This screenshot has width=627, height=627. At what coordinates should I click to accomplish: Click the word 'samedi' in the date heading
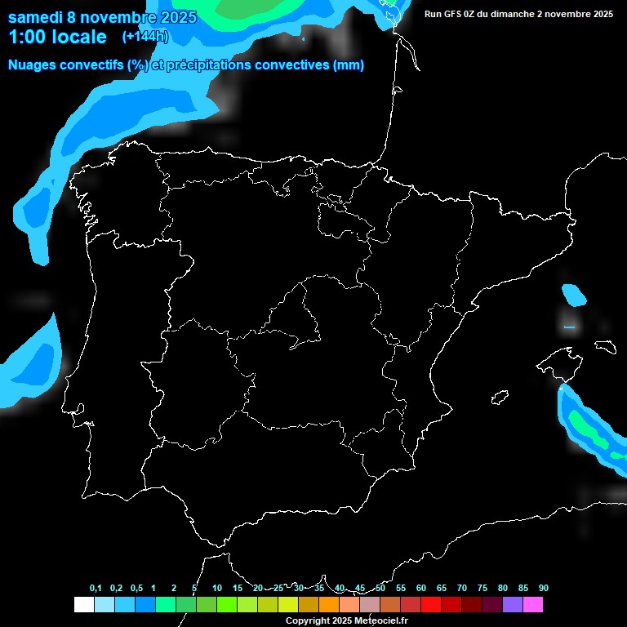36,17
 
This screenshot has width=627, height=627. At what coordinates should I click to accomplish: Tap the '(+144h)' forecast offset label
145,36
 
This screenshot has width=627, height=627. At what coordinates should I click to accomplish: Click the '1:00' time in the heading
27,37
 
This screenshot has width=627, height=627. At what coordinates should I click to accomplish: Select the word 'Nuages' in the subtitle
31,65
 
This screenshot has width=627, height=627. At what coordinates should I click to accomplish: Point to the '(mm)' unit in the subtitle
349,65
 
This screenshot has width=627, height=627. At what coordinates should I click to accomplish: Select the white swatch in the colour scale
83,605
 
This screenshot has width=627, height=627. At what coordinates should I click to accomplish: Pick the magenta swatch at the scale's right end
532,605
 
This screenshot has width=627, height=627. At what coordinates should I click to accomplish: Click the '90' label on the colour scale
543,589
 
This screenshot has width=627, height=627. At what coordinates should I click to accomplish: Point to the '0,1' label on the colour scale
96,589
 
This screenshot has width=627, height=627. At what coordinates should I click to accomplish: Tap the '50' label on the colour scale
380,589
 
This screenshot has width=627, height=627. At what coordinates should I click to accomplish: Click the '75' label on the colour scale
482,589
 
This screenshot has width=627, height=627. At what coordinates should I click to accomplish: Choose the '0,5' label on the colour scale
136,589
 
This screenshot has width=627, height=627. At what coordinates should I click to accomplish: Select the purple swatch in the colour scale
512,605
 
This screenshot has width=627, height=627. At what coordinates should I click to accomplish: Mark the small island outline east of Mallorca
606,346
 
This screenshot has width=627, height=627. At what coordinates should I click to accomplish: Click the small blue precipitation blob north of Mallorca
574,294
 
